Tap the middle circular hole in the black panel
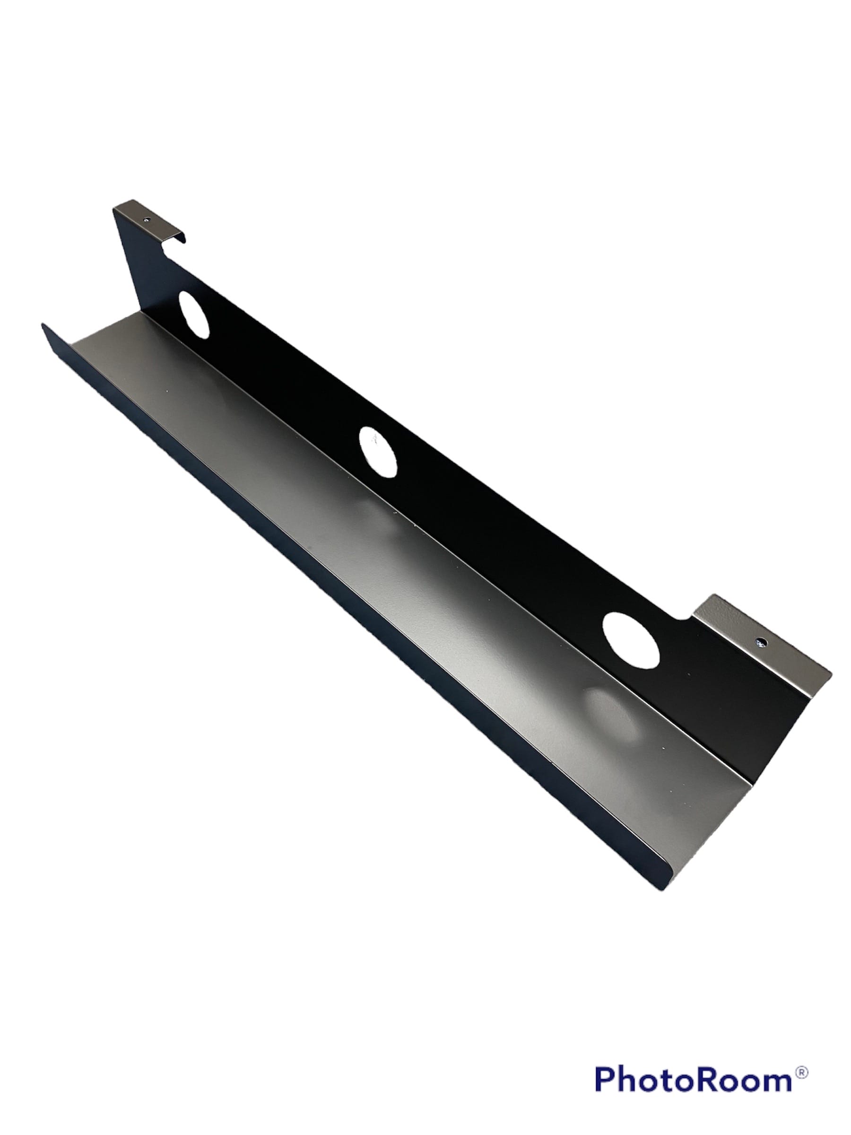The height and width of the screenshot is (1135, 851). (378, 451)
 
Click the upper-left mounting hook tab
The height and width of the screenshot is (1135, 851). (149, 223)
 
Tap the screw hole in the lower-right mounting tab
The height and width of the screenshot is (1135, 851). (760, 642)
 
